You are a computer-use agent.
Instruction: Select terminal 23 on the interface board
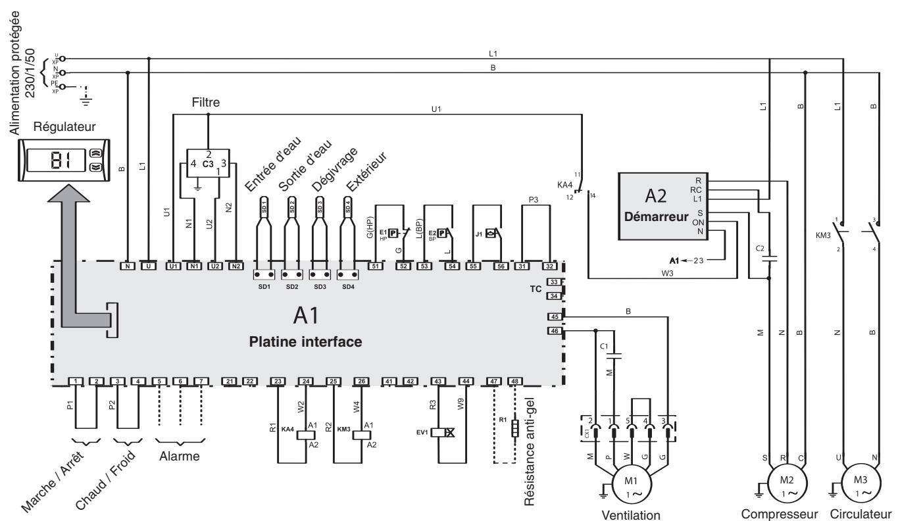[x=278, y=381]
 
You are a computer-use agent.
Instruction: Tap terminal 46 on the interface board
[x=554, y=331]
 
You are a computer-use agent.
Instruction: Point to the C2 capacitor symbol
[x=768, y=258]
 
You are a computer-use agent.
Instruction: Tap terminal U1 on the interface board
[x=174, y=266]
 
